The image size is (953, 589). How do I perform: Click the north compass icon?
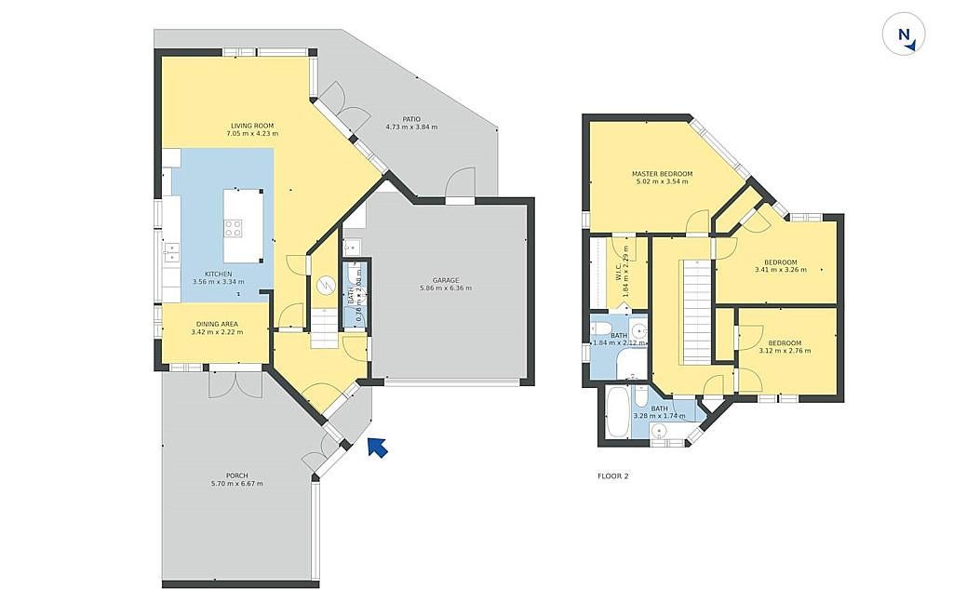pyautogui.click(x=904, y=34)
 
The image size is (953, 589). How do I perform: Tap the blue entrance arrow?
pyautogui.click(x=378, y=448)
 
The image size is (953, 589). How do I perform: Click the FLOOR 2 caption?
pyautogui.click(x=613, y=475)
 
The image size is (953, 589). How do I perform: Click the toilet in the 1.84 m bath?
pyautogui.click(x=601, y=328)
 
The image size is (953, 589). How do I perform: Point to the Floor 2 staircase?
pyautogui.click(x=696, y=311)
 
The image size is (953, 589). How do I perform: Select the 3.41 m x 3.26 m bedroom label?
pyautogui.click(x=781, y=265)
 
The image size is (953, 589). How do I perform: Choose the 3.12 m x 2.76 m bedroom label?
pyautogui.click(x=785, y=346)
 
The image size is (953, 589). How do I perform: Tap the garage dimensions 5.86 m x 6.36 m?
pyautogui.click(x=446, y=288)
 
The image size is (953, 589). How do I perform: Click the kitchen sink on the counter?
pyautogui.click(x=172, y=252)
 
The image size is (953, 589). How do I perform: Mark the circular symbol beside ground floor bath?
pyautogui.click(x=327, y=285)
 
